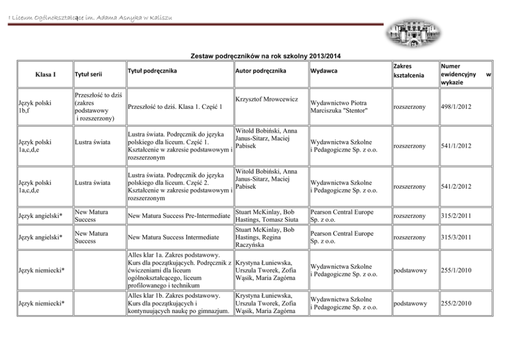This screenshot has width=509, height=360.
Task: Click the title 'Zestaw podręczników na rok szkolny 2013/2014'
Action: click(266, 56)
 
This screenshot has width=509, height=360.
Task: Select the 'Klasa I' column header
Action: click(45, 74)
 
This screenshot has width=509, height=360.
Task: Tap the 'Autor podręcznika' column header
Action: click(261, 70)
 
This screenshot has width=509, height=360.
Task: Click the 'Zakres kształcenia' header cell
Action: click(408, 71)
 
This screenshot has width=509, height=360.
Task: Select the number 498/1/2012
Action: click(456, 107)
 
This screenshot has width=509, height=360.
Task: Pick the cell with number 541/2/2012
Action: click(456, 186)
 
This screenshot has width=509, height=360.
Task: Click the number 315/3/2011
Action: click(456, 237)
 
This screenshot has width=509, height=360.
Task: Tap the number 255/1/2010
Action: click(456, 270)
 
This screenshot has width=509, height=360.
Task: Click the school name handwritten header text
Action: click(90, 19)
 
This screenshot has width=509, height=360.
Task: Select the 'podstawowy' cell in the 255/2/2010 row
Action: click(409, 304)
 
